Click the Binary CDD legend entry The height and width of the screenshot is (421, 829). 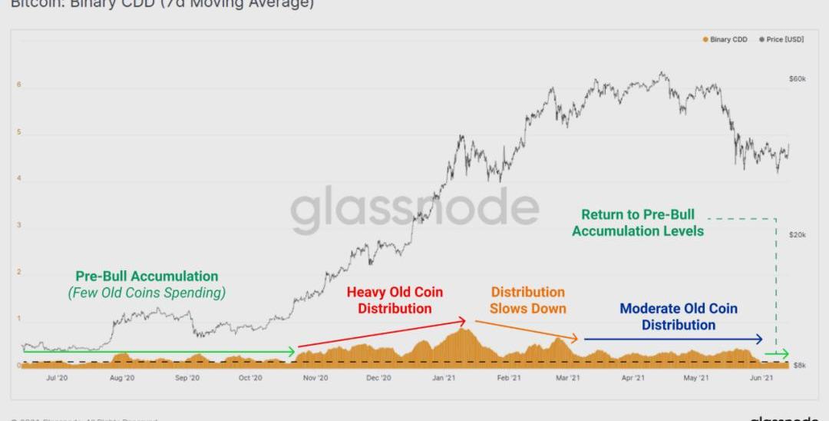725,39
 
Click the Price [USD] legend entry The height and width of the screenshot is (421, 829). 781,39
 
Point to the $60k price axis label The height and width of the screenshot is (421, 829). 797,79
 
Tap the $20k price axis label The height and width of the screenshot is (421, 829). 797,234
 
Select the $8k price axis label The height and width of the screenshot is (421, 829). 798,366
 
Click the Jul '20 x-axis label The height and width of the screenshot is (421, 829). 57,378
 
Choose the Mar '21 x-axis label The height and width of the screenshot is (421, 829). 567,378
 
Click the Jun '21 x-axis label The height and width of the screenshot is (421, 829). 760,378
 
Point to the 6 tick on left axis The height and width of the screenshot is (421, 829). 20,85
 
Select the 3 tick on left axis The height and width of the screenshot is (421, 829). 20,226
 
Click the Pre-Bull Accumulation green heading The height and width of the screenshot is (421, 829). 147,277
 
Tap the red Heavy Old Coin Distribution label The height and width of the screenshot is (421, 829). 395,300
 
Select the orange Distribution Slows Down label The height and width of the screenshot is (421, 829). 528,300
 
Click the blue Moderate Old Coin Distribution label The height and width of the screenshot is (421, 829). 679,317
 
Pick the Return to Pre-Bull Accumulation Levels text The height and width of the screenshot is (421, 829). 638,223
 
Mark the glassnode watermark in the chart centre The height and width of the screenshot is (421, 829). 414,209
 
